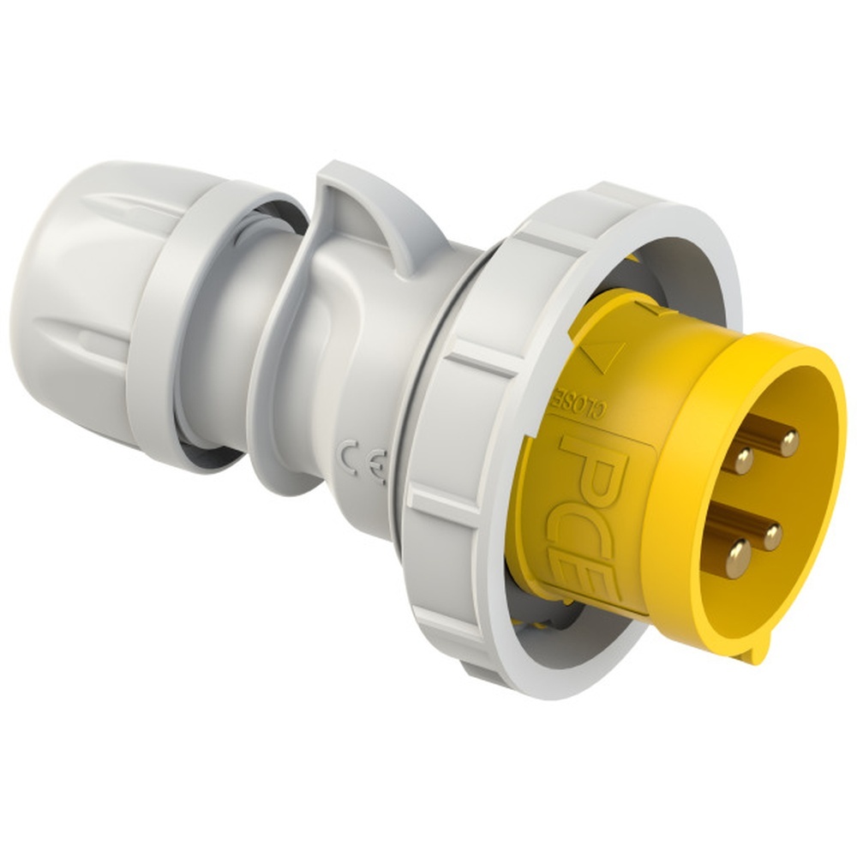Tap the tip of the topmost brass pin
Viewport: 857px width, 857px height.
click(x=788, y=442)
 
